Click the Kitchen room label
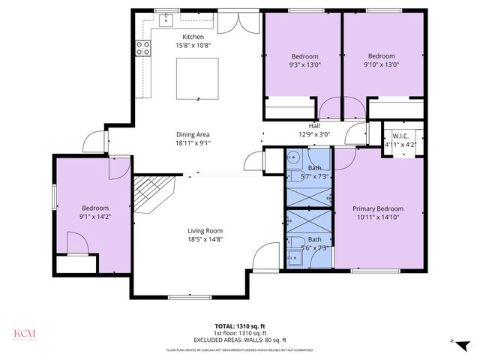coord(193,37)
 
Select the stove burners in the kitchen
coord(141,49)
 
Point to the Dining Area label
coord(193,134)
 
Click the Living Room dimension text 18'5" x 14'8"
coord(205,239)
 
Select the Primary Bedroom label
coord(378,209)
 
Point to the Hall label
coord(314,126)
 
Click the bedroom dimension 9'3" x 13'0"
coord(305,65)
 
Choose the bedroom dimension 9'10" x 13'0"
coord(381,64)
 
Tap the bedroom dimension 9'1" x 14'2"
coord(95,217)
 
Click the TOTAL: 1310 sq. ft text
coord(240,326)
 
